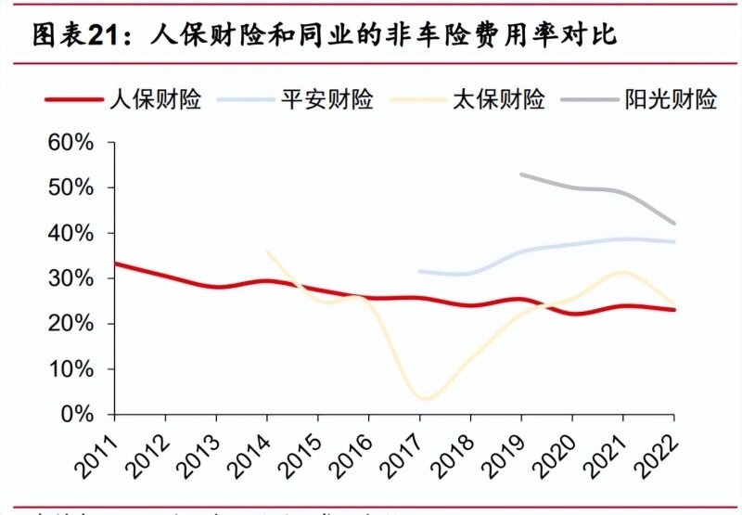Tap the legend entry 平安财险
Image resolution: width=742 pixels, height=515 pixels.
tap(326, 100)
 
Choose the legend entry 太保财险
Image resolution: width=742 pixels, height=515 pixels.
tap(498, 100)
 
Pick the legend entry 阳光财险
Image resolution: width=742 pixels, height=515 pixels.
tap(671, 100)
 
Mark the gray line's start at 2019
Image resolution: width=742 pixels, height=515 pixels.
tap(522, 174)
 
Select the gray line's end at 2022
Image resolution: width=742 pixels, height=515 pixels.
tap(674, 224)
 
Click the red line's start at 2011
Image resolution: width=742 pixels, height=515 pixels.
tap(113, 263)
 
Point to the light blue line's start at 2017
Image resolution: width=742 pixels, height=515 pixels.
tap(420, 271)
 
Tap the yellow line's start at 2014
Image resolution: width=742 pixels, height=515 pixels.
tap(266, 251)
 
